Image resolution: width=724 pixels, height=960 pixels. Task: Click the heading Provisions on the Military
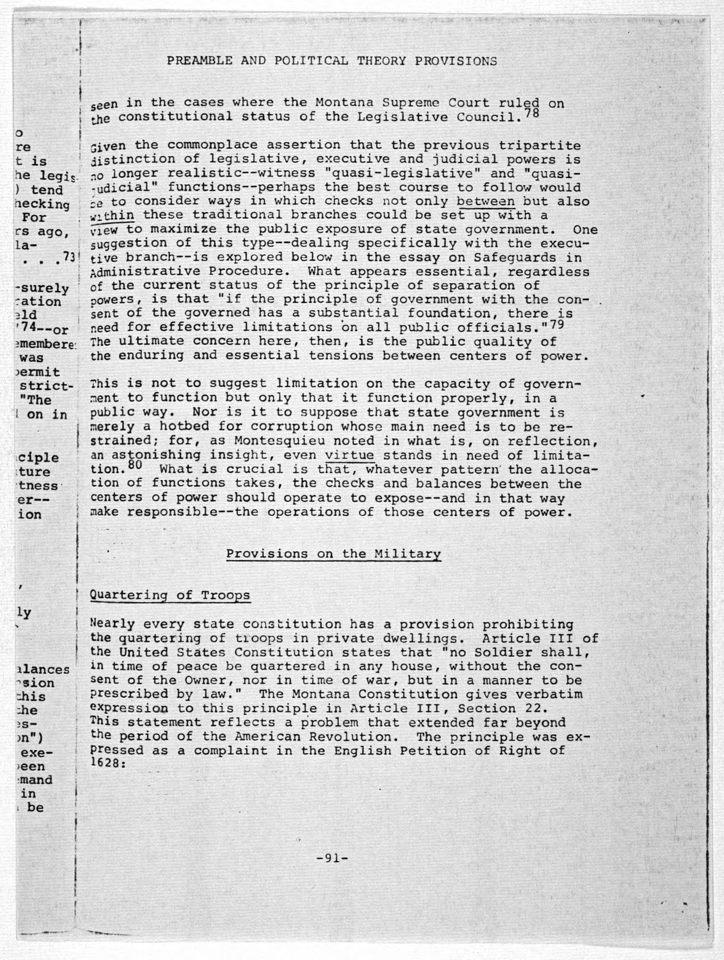pyautogui.click(x=333, y=554)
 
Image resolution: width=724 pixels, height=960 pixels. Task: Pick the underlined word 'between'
pyautogui.click(x=486, y=202)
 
